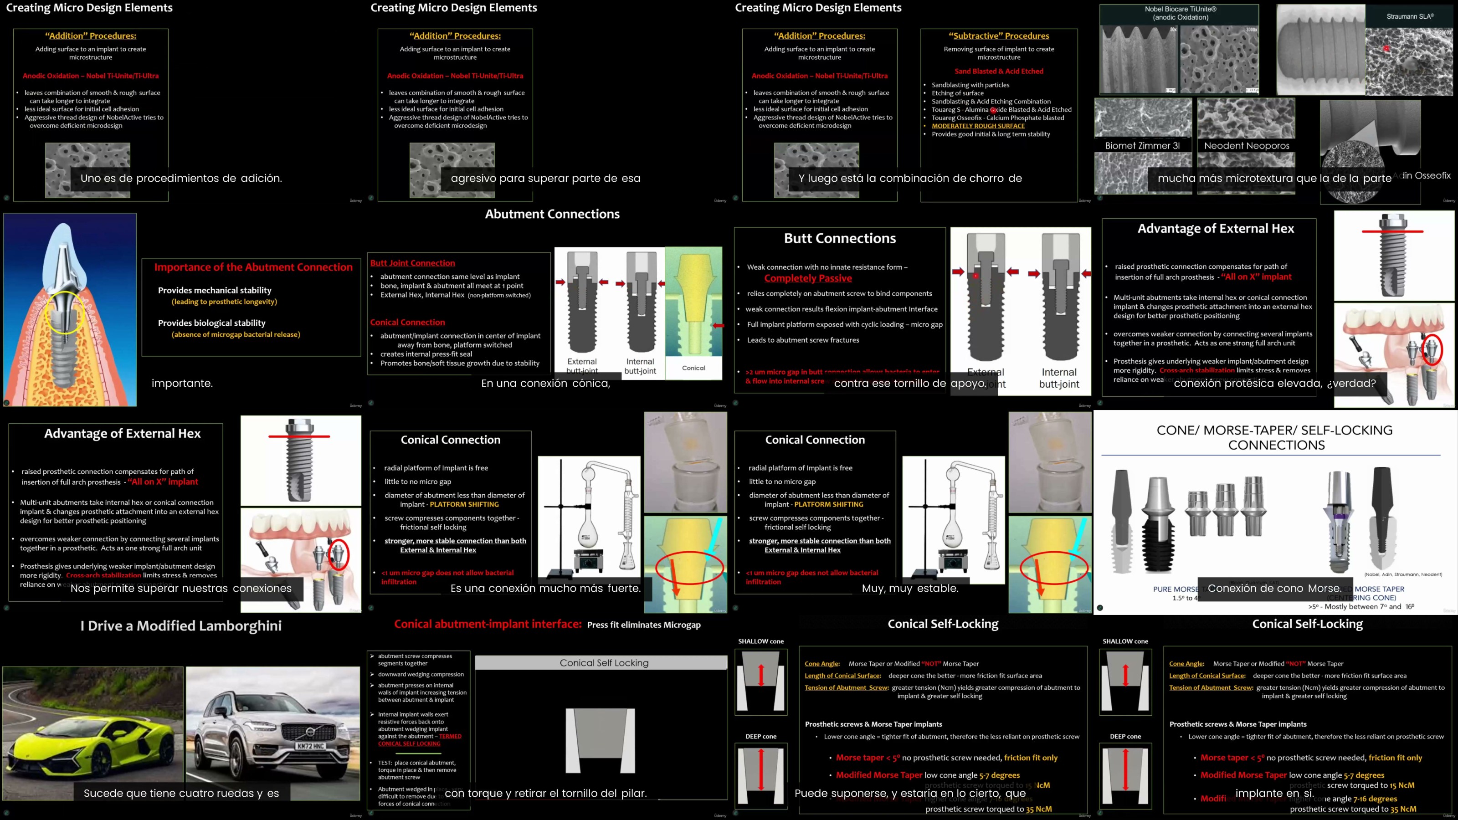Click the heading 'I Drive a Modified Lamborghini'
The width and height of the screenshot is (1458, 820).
pos(181,626)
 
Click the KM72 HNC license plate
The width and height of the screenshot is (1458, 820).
pos(310,746)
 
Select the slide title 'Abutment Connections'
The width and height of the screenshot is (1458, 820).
pos(552,215)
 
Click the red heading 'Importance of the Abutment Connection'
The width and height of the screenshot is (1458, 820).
pos(253,267)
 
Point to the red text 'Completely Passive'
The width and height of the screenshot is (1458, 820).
pos(808,278)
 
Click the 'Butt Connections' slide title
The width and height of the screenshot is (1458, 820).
pos(839,238)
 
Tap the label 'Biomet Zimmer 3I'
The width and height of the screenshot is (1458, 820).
pos(1142,145)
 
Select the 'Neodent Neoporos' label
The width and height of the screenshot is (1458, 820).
pos(1246,145)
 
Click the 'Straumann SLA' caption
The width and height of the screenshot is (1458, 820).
pos(1409,16)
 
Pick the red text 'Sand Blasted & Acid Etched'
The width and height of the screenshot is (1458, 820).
pos(998,72)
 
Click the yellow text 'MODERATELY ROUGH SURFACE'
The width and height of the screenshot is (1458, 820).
pos(978,126)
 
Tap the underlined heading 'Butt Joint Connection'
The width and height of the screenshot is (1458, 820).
pos(413,263)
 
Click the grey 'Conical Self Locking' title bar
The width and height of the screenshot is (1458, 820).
pos(603,663)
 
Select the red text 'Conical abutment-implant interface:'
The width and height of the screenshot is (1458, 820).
pos(488,624)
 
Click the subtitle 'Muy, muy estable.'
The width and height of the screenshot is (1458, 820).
pos(909,589)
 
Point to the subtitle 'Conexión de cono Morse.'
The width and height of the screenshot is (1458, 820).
pos(1274,589)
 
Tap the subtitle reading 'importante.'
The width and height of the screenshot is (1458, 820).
pos(182,383)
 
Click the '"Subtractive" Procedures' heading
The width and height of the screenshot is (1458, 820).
pos(998,36)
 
